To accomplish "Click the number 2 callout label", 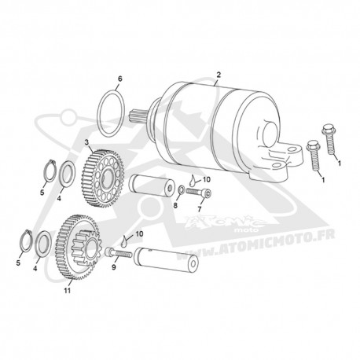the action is coord(219,75).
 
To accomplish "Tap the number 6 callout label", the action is coord(120,79).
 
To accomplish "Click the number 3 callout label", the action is coord(86,142).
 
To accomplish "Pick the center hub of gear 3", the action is coord(106,178).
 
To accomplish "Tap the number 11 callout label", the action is coord(68,290).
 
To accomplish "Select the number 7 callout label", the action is coord(200,209).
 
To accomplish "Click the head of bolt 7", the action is coord(208,194).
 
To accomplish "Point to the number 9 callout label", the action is coord(114,267).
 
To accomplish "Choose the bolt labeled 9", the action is coord(118,253).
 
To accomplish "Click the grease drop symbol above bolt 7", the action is coord(193,180).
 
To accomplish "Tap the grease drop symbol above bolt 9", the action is coord(125,240).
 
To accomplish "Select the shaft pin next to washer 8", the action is coord(152,186).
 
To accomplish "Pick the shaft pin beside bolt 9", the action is coord(166,259).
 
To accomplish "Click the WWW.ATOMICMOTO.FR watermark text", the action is coord(256,245).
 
